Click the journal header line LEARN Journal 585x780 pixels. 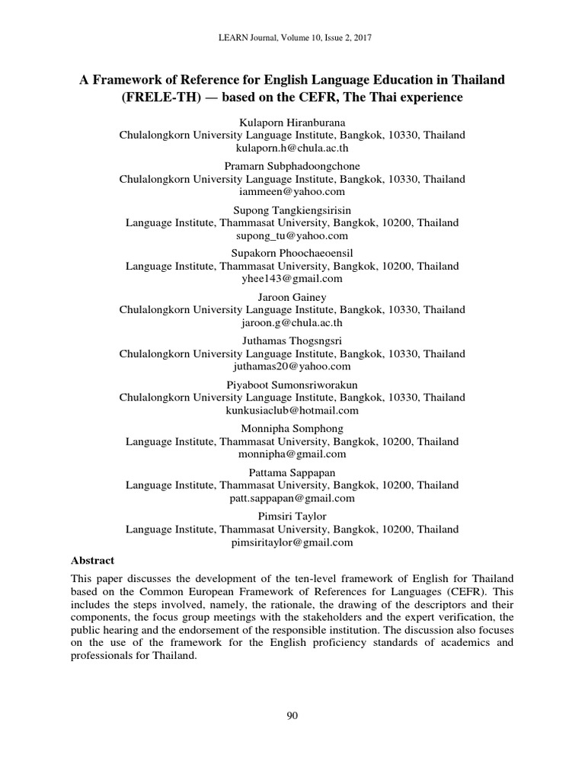coord(292,37)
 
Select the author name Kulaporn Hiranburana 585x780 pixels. coord(292,122)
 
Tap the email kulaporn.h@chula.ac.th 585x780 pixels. coord(292,149)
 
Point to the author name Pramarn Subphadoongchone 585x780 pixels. coord(292,166)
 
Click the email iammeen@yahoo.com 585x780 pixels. coord(292,192)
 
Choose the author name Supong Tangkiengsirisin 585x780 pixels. coord(292,209)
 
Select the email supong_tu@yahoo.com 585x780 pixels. coord(292,236)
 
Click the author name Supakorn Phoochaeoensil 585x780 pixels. coord(292,253)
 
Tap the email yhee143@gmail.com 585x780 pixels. coord(292,280)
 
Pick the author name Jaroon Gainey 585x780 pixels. coord(292,297)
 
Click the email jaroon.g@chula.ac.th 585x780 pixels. coord(292,323)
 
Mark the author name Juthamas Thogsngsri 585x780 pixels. coord(292,340)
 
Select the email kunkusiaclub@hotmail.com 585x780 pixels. coord(292,411)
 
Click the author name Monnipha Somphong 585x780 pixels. coord(292,428)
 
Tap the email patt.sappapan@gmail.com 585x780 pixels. coord(292,498)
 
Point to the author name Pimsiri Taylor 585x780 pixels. coord(292,516)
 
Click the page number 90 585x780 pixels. coord(292,714)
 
